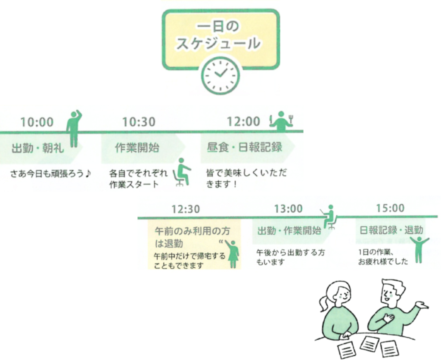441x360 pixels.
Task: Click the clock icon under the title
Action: (x=220, y=74)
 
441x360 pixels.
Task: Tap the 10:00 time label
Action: (x=37, y=122)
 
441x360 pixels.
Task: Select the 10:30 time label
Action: (x=139, y=122)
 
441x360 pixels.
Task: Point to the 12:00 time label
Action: (x=244, y=122)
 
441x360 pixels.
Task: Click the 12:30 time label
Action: (x=186, y=209)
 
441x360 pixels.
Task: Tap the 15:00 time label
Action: (x=390, y=208)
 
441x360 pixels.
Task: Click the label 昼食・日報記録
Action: (x=244, y=147)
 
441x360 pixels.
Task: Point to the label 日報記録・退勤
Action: (x=391, y=230)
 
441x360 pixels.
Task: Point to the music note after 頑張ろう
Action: (x=89, y=174)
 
